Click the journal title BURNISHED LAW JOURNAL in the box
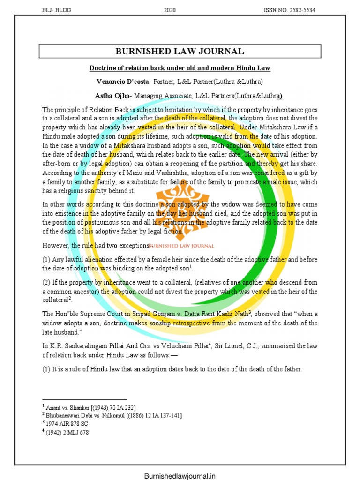pos(180,52)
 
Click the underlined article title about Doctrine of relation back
pos(180,68)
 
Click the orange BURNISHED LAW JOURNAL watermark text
pos(181,246)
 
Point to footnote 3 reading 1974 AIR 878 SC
pos(65,424)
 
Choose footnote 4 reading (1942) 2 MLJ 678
pos(67,432)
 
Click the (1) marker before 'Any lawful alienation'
pos(47,259)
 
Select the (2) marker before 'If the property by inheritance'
pos(47,282)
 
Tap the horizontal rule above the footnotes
pos(75,399)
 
